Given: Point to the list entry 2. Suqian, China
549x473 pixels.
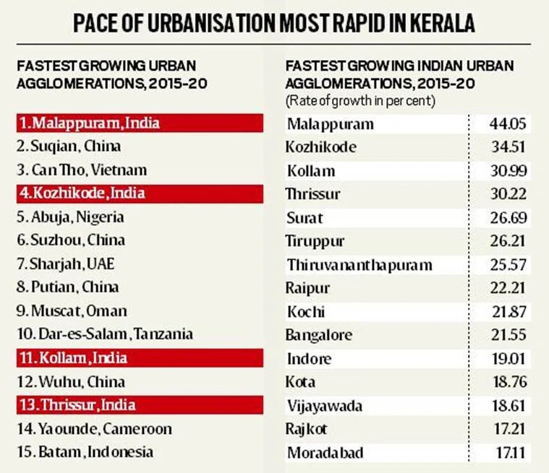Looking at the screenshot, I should point(69,147).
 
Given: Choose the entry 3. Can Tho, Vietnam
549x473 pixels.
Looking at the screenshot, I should point(81,170).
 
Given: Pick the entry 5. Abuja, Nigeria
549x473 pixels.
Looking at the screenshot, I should point(70,217).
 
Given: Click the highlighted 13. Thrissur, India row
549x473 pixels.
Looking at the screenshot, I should point(76,405).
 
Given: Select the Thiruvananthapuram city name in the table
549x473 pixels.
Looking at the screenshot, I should point(359,264).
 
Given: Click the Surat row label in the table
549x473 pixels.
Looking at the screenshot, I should point(305,217).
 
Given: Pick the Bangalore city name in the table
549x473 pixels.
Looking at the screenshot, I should point(319,335).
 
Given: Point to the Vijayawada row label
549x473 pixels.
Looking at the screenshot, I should point(323,405).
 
